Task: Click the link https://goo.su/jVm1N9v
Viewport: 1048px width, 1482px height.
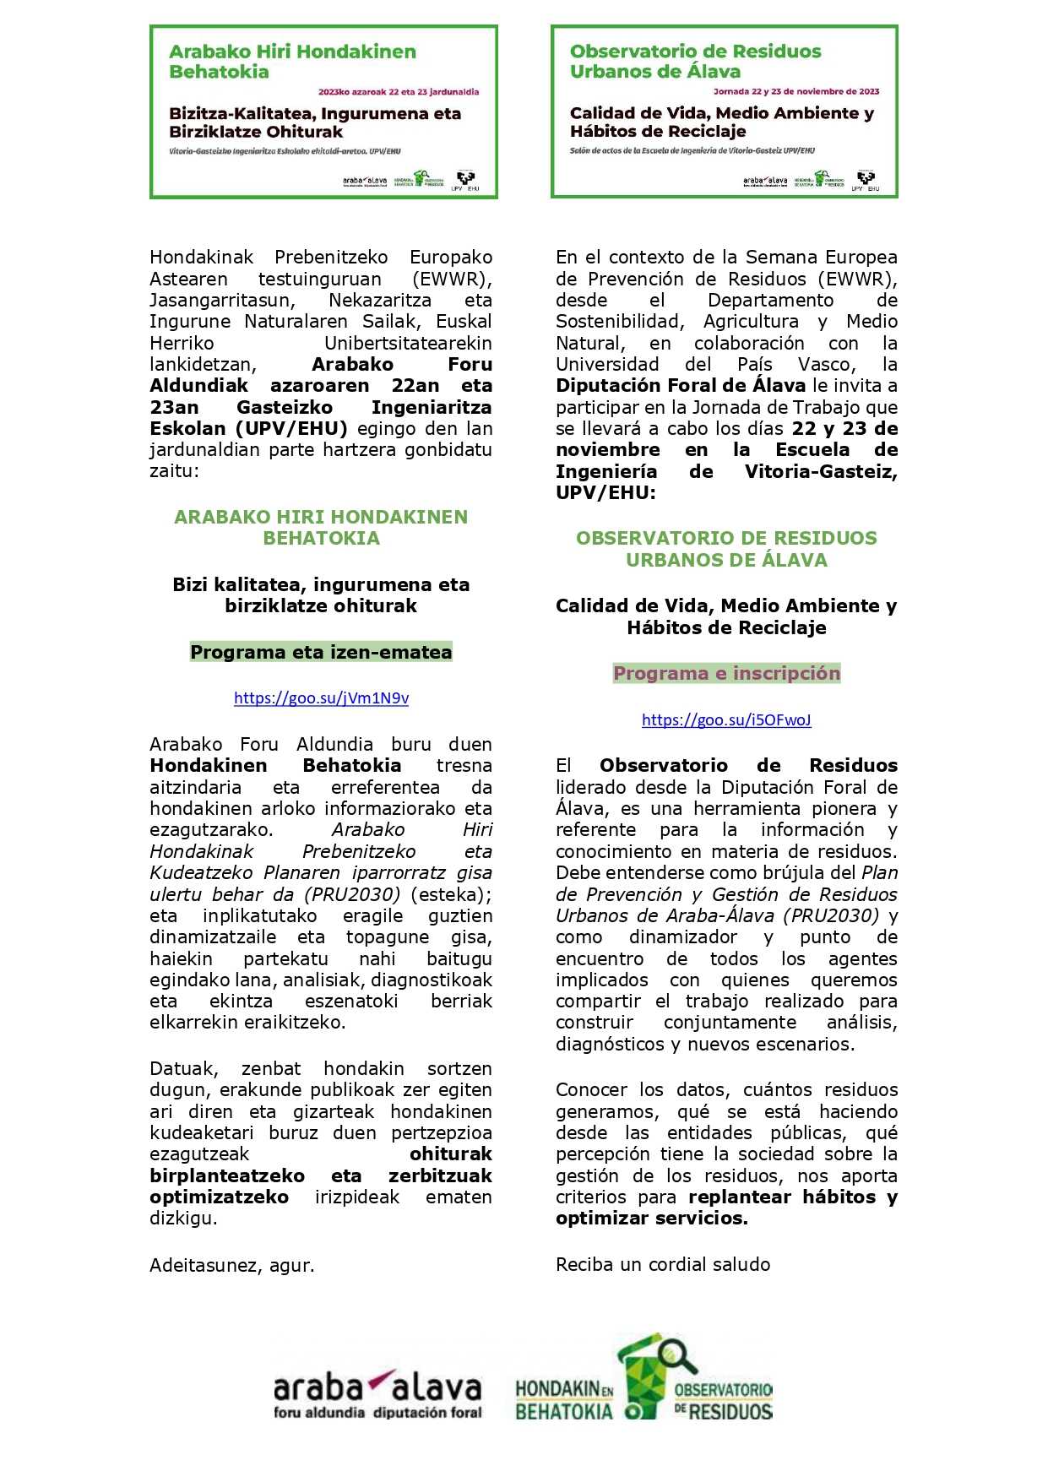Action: click(x=321, y=698)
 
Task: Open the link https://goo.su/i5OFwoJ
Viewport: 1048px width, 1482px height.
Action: click(x=726, y=720)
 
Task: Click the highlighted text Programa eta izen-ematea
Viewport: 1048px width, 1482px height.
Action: click(x=321, y=652)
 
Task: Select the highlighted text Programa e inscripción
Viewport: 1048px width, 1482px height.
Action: click(x=726, y=673)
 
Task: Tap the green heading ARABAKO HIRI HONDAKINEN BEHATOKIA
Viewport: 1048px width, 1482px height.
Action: click(x=321, y=528)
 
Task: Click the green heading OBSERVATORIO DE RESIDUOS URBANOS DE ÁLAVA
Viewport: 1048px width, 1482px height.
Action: click(x=726, y=549)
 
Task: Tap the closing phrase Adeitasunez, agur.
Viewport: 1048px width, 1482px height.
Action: click(x=231, y=1265)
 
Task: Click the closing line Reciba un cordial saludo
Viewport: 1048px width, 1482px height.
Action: click(x=663, y=1264)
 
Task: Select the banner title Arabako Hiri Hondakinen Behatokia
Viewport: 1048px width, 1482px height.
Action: click(x=292, y=62)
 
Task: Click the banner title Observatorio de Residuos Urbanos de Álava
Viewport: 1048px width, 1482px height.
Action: click(x=695, y=62)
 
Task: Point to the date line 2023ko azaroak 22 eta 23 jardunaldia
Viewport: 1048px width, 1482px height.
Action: click(x=399, y=92)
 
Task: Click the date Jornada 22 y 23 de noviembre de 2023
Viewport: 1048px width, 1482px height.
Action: click(x=796, y=91)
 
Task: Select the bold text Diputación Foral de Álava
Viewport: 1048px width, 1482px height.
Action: click(x=681, y=386)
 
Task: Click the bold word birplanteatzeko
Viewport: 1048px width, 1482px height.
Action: click(x=227, y=1175)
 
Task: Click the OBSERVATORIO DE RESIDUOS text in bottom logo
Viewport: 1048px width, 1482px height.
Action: click(x=724, y=1400)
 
